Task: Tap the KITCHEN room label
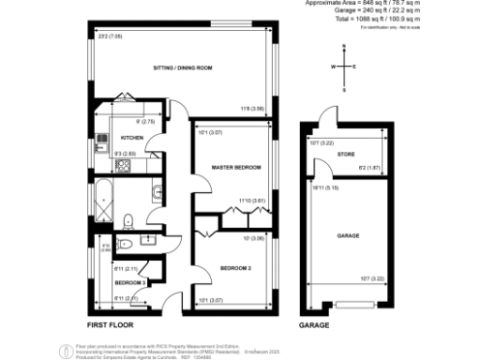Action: tap(131, 137)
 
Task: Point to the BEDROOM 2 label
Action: tap(233, 266)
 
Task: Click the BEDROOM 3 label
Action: tap(129, 281)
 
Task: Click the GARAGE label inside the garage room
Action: tap(347, 236)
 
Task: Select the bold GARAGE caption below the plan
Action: tap(314, 324)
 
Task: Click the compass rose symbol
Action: tap(343, 67)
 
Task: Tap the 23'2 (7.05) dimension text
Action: tap(111, 37)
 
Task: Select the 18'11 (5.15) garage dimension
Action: tap(324, 187)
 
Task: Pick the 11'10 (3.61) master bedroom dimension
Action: tap(253, 200)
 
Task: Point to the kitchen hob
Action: tap(123, 167)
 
